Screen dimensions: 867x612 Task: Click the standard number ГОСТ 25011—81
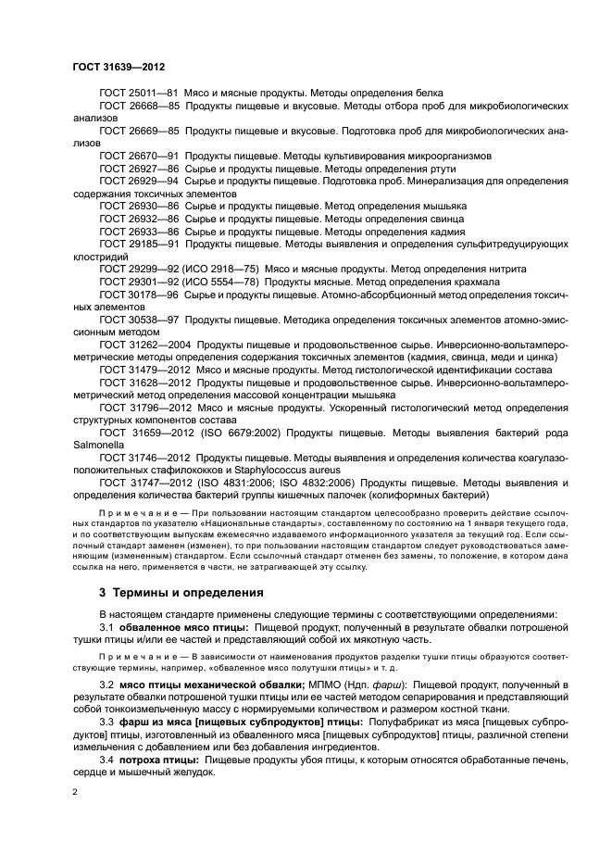pos(138,94)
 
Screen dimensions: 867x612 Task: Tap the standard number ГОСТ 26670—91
pos(138,157)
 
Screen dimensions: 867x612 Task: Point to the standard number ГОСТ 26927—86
pos(138,170)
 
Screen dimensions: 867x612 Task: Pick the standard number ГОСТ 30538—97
pos(138,319)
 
